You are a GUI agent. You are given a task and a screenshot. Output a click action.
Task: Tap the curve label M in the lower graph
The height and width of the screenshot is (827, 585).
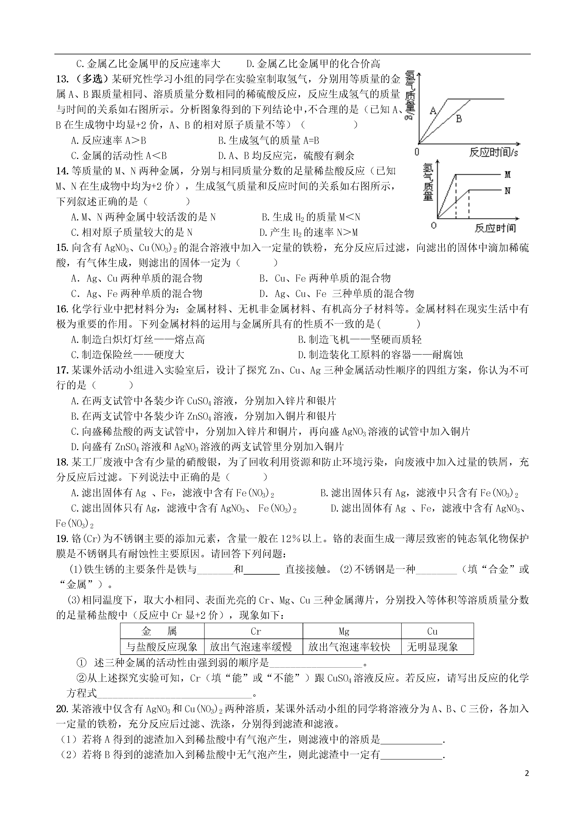(x=508, y=175)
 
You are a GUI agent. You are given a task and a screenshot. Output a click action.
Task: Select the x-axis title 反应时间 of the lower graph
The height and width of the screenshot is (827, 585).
(x=495, y=228)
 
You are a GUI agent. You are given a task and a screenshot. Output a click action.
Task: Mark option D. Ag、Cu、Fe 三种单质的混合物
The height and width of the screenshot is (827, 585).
(x=336, y=294)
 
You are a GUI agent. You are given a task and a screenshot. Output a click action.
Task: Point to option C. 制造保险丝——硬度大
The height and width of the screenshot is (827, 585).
(x=128, y=355)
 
